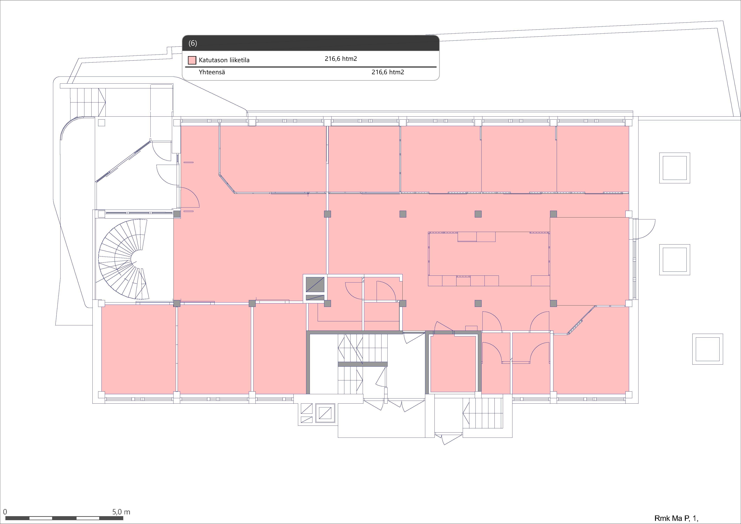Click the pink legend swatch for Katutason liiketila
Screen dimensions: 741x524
pyautogui.click(x=192, y=60)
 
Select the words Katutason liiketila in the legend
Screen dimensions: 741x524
pyautogui.click(x=224, y=60)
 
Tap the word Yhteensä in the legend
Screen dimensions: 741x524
pyautogui.click(x=212, y=72)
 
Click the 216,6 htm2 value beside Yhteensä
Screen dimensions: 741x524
pyautogui.click(x=388, y=72)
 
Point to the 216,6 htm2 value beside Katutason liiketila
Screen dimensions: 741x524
pyautogui.click(x=341, y=59)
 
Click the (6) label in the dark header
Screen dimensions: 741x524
pyautogui.click(x=193, y=43)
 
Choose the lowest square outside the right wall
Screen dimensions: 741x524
pyautogui.click(x=707, y=349)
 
